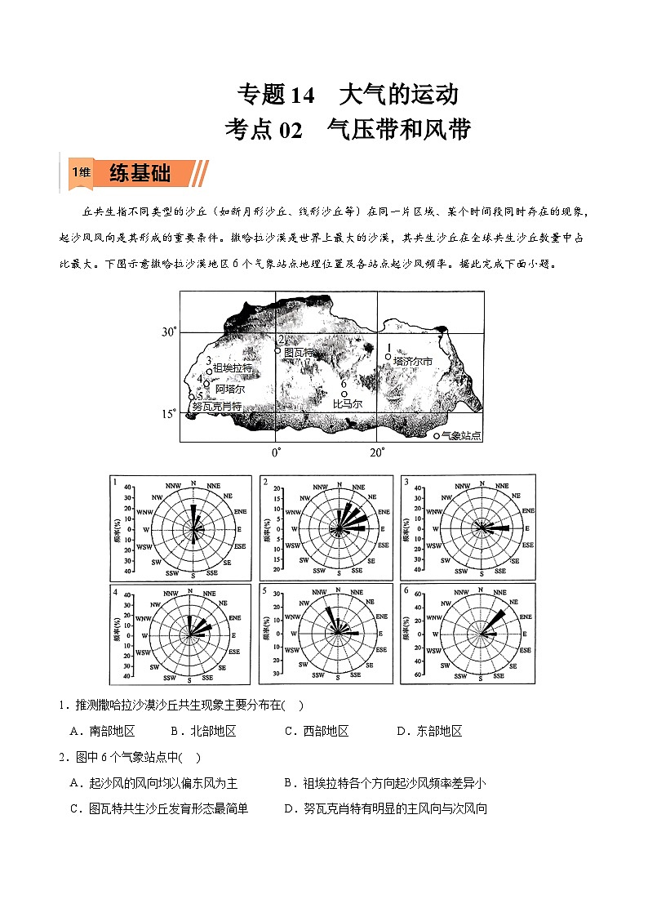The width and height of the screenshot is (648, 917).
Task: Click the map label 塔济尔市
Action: click(412, 360)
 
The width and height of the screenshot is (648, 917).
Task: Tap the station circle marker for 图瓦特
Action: click(277, 351)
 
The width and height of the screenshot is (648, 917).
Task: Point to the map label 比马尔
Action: click(348, 403)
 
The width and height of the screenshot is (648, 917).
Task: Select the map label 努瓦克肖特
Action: click(217, 406)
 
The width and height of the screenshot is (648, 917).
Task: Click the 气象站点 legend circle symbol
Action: click(437, 436)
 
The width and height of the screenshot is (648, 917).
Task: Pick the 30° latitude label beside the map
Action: click(169, 332)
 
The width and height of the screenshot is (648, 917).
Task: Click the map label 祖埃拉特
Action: click(233, 369)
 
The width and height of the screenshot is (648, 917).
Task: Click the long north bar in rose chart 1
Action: click(193, 514)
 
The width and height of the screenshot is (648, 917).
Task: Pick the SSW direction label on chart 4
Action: click(169, 677)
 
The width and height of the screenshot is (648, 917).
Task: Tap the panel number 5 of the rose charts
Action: click(264, 590)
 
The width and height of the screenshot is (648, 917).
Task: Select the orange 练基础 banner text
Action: click(140, 174)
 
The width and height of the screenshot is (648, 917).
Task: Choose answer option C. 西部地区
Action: click(317, 731)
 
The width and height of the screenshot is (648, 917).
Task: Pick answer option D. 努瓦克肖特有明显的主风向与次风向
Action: click(385, 809)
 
